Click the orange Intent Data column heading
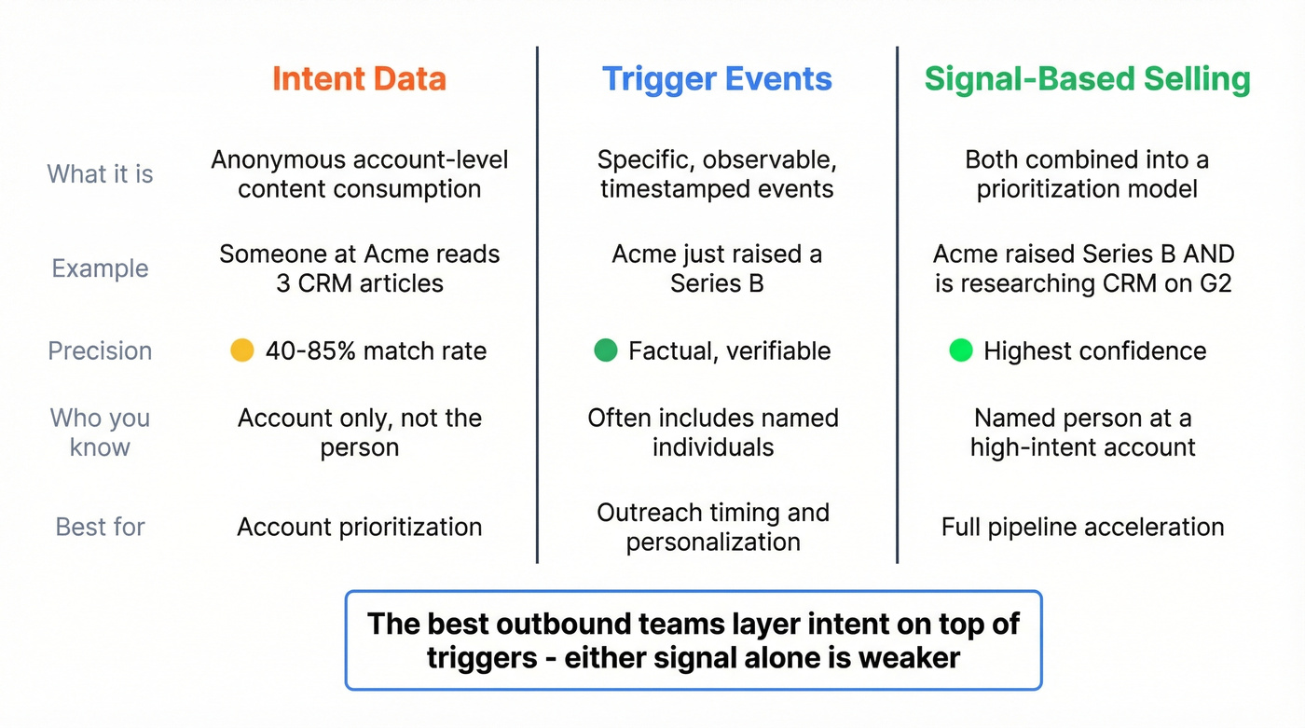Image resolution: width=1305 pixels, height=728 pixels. click(x=359, y=79)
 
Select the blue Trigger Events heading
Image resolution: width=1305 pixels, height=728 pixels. click(x=717, y=79)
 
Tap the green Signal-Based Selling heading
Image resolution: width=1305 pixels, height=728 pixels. click(x=1087, y=79)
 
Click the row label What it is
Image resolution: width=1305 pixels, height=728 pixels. click(x=100, y=174)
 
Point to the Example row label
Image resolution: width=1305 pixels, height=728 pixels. click(x=100, y=268)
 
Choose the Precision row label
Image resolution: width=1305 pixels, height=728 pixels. click(x=100, y=351)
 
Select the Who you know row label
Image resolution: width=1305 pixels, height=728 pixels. click(x=100, y=433)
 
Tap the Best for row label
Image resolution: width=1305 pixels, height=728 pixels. click(x=100, y=527)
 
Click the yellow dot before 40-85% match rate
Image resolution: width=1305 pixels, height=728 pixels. click(x=242, y=350)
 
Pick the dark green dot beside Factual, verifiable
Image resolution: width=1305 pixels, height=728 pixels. click(x=606, y=350)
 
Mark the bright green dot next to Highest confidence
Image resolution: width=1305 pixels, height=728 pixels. click(x=961, y=350)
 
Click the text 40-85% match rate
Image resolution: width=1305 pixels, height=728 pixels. click(x=376, y=351)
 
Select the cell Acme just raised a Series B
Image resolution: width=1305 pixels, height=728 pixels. click(x=717, y=268)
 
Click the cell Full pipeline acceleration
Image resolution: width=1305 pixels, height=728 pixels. click(x=1082, y=527)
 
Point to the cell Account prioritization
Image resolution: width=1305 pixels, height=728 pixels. click(x=360, y=527)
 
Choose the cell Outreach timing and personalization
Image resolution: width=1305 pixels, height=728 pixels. click(x=713, y=527)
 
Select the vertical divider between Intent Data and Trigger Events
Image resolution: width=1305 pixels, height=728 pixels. click(x=538, y=308)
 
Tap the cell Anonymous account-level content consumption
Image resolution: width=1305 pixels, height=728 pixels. click(x=360, y=174)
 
